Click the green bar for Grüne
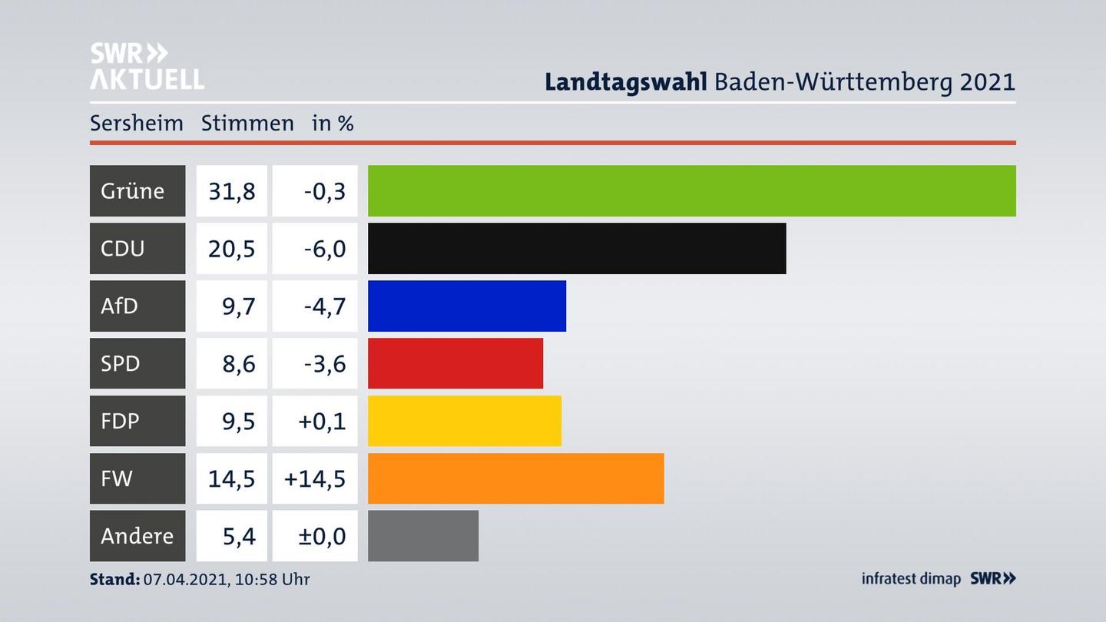[691, 190]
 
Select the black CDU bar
[577, 248]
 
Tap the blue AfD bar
[467, 306]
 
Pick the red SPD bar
[455, 363]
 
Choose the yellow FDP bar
[465, 421]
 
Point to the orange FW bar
[515, 478]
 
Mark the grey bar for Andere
[423, 536]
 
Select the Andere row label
[137, 536]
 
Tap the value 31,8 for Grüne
[231, 190]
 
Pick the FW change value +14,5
[315, 478]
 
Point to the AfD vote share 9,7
[238, 306]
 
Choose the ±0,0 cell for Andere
[321, 536]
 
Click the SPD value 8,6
[238, 363]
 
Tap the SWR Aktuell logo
[147, 66]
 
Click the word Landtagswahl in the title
[625, 82]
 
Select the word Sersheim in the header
[136, 123]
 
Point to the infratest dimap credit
[911, 578]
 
